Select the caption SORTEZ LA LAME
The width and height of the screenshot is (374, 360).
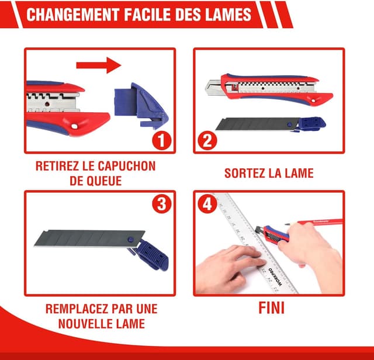tap(269, 173)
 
